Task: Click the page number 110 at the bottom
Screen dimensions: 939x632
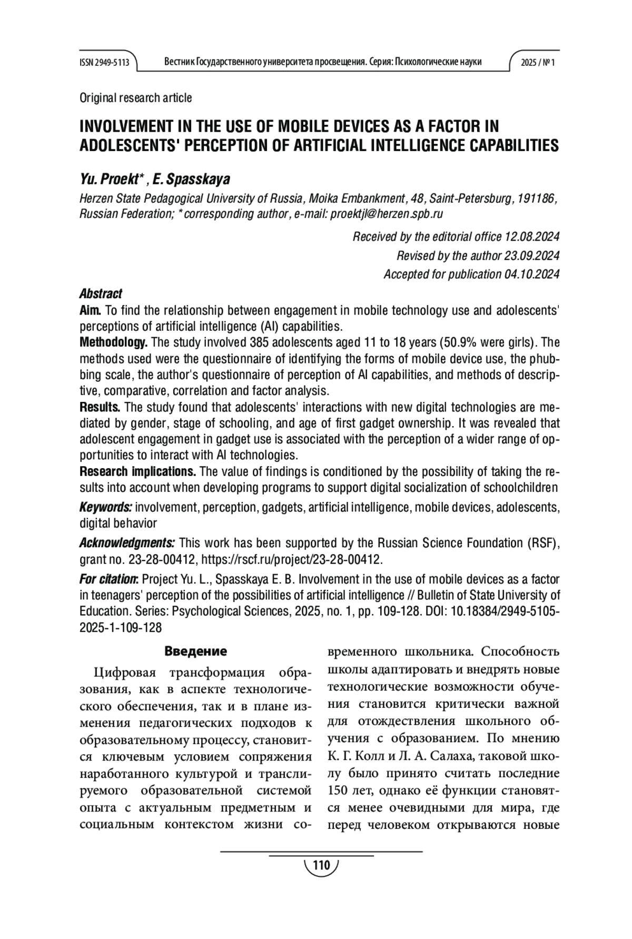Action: click(321, 865)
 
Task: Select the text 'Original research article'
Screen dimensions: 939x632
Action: click(135, 98)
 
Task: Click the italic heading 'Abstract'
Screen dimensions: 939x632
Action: click(101, 293)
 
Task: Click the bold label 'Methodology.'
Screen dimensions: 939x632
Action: click(113, 343)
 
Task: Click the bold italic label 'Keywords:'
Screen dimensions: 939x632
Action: click(105, 508)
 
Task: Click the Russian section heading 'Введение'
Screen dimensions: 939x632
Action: click(195, 651)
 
